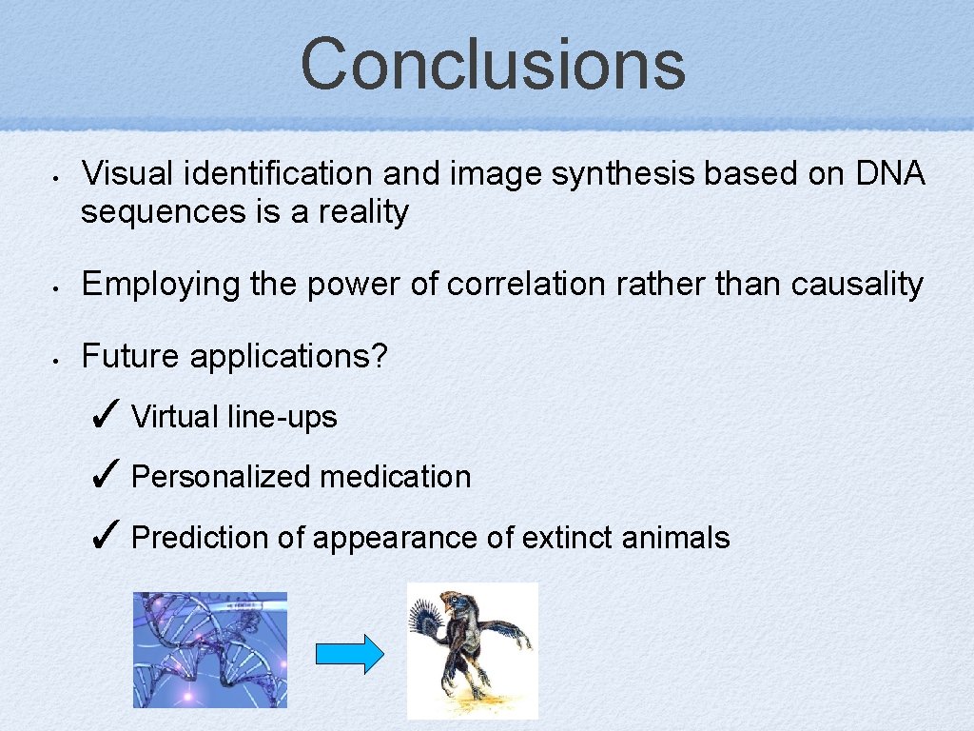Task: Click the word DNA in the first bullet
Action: point(889,173)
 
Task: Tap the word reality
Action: point(362,211)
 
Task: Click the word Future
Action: point(131,356)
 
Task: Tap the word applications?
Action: point(289,356)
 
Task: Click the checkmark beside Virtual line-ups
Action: point(106,415)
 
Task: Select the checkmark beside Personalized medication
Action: point(106,475)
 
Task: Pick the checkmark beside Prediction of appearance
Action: point(106,536)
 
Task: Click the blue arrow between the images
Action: point(349,655)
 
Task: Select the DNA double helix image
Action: point(209,649)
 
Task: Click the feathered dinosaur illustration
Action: point(472,650)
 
